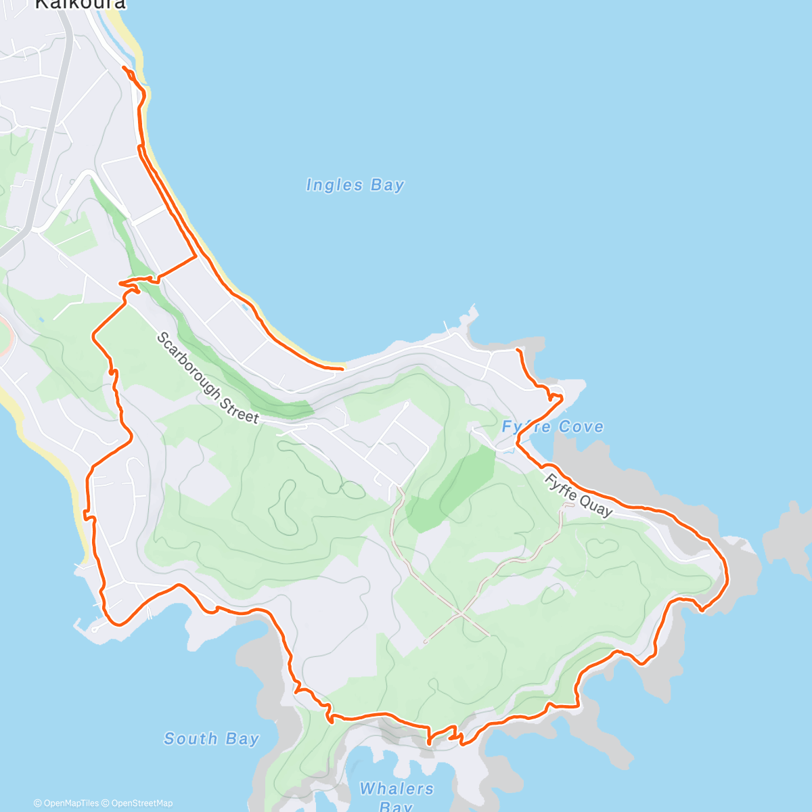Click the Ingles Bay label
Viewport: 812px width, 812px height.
tap(355, 185)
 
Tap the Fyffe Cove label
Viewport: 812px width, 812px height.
tap(552, 427)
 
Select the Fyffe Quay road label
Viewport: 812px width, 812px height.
tap(579, 495)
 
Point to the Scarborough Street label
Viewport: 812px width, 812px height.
tap(208, 377)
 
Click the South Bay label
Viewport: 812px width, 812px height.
tap(211, 738)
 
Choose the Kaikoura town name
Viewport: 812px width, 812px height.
tap(80, 4)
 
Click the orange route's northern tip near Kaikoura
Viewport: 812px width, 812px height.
tap(124, 67)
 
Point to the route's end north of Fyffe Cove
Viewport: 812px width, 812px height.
tap(517, 350)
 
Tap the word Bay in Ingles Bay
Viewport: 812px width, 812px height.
tap(387, 185)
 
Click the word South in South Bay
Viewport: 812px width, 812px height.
tap(190, 738)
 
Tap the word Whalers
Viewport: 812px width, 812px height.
tap(397, 788)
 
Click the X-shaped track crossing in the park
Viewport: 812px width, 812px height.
tap(460, 613)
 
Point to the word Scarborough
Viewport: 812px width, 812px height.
tap(189, 361)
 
